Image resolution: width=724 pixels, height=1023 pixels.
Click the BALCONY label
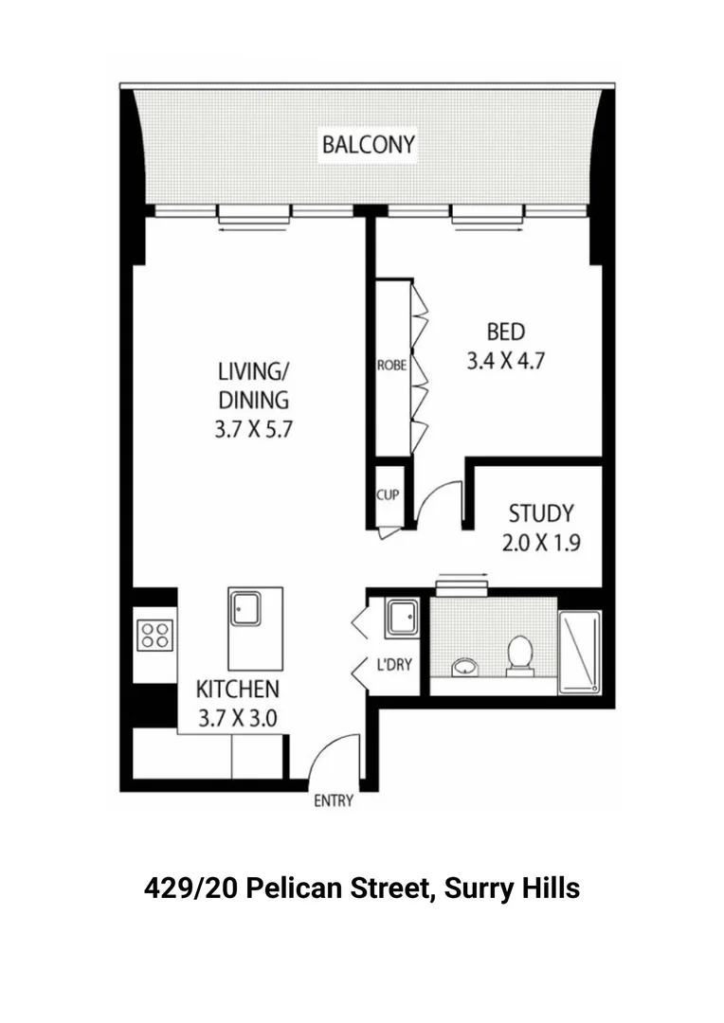(368, 145)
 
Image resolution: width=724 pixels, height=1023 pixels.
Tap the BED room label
(505, 332)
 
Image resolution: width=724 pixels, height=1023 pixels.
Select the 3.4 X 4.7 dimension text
(505, 360)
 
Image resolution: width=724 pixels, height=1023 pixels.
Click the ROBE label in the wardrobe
(391, 365)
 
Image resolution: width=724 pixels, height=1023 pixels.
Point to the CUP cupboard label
(388, 495)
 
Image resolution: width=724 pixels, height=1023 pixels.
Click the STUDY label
(541, 514)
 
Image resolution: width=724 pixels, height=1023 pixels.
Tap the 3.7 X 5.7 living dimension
(254, 428)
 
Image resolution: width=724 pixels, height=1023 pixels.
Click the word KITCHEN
(237, 689)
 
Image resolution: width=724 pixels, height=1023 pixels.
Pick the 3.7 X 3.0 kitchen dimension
(237, 717)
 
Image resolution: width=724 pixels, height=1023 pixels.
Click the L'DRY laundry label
(394, 664)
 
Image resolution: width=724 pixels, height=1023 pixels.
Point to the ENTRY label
(333, 801)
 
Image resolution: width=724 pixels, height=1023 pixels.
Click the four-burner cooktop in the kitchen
(154, 635)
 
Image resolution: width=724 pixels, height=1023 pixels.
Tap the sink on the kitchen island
(245, 607)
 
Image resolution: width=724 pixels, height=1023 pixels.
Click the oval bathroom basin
(464, 667)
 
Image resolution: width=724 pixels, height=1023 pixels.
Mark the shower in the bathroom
(579, 653)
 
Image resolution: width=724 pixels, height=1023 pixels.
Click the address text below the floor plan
(362, 889)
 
